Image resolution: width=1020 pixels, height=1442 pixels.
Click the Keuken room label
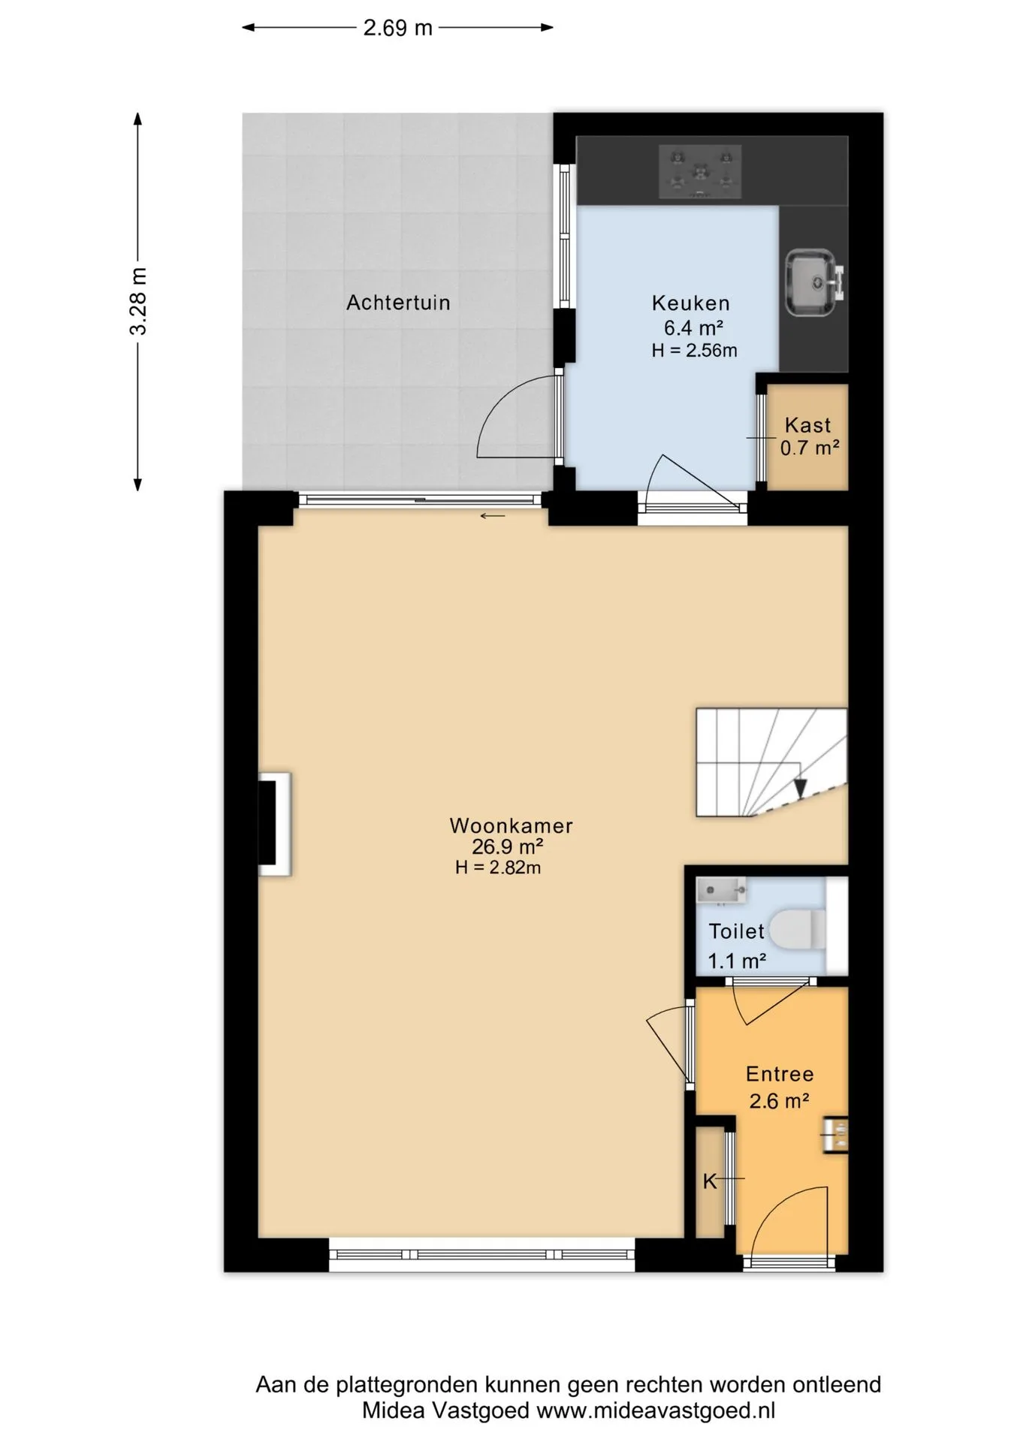pyautogui.click(x=690, y=303)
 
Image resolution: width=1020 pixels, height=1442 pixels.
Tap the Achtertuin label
pyautogui.click(x=398, y=303)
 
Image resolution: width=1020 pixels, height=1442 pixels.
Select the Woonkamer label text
pyautogui.click(x=511, y=825)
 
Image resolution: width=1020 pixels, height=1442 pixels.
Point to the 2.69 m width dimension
pyautogui.click(x=398, y=28)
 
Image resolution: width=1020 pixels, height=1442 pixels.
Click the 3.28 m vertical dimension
pyautogui.click(x=138, y=301)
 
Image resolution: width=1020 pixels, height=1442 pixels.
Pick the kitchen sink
pyautogui.click(x=814, y=282)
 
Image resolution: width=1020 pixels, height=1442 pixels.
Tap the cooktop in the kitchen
pyautogui.click(x=700, y=172)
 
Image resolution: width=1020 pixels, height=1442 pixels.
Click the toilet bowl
pyautogui.click(x=798, y=929)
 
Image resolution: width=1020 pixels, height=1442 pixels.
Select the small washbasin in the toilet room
pyautogui.click(x=721, y=891)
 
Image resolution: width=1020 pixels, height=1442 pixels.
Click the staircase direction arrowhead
pyautogui.click(x=800, y=787)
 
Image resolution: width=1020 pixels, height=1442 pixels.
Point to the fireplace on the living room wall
pyautogui.click(x=274, y=824)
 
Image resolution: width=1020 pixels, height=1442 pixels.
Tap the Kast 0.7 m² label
pyautogui.click(x=809, y=436)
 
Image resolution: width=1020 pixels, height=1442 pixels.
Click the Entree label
pyautogui.click(x=780, y=1074)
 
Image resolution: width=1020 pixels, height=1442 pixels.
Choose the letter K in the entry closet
pyautogui.click(x=710, y=1181)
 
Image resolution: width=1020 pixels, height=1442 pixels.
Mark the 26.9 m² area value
pyautogui.click(x=507, y=847)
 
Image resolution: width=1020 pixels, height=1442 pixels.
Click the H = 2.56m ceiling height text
pyautogui.click(x=694, y=350)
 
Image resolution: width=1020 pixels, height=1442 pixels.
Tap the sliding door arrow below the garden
pyautogui.click(x=493, y=516)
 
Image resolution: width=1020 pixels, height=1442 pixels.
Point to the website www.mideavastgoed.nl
pyautogui.click(x=656, y=1411)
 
